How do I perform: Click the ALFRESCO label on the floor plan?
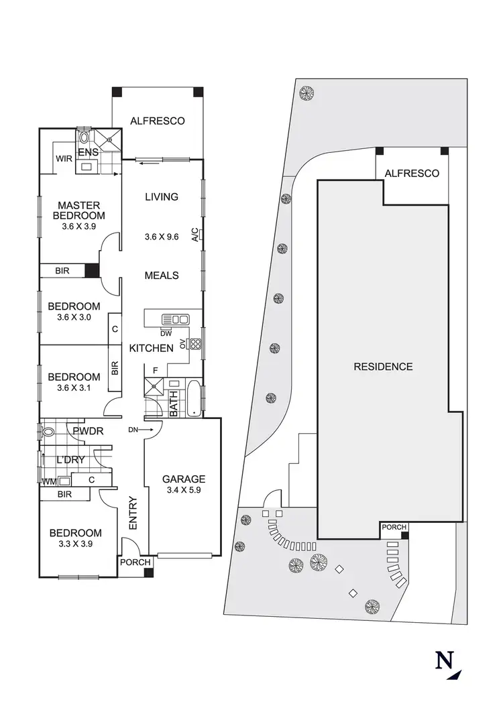(x=157, y=121)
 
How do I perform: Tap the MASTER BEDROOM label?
(x=79, y=211)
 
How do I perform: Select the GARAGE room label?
(x=183, y=479)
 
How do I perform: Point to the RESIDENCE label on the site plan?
(x=383, y=367)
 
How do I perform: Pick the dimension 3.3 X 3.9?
(x=75, y=544)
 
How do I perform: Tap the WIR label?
(x=64, y=159)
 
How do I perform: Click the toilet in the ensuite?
(x=84, y=137)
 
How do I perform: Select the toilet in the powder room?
(x=47, y=432)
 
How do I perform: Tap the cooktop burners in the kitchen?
(x=196, y=345)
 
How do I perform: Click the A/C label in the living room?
(x=195, y=235)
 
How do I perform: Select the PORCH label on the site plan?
(x=393, y=528)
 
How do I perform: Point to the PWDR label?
(x=88, y=431)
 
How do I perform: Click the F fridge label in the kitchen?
(x=156, y=369)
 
